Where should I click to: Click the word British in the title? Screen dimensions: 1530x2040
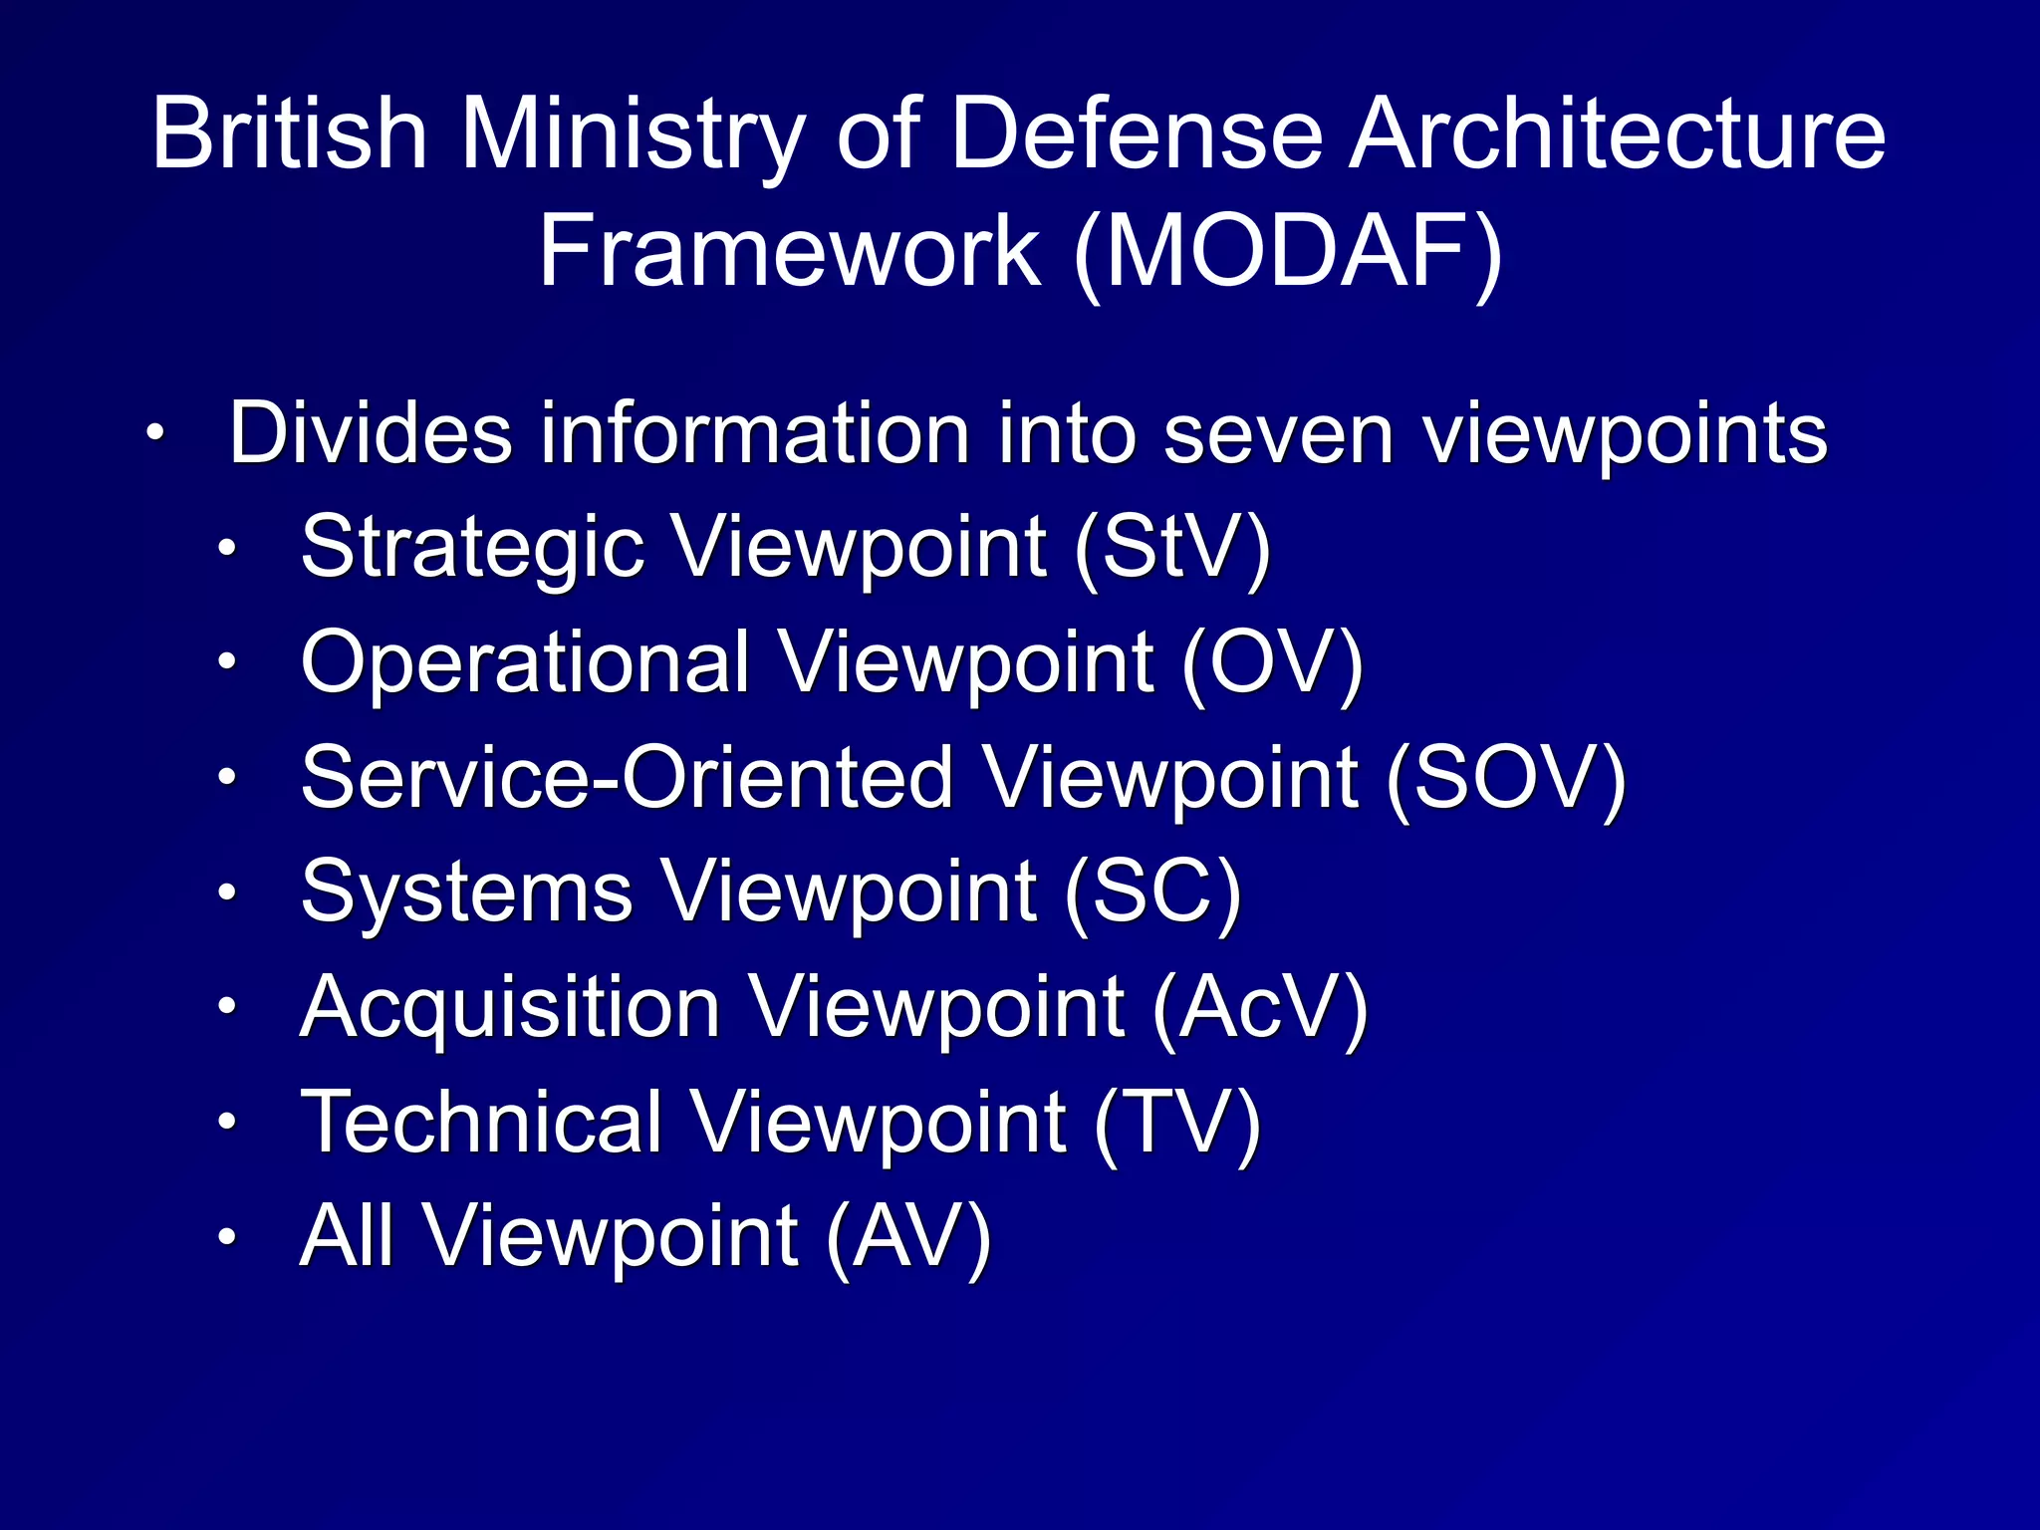[289, 134]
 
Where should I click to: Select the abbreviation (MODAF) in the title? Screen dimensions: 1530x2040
[1289, 251]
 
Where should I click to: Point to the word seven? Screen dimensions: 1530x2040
[1278, 434]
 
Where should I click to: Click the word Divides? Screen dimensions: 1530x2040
[371, 434]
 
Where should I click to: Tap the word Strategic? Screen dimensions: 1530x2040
[472, 550]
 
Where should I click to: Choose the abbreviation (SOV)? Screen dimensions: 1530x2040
[1506, 778]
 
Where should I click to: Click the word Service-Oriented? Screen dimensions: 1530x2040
[627, 778]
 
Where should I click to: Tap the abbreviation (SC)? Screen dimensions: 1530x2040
[1152, 892]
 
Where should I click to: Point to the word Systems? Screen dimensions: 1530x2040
[466, 892]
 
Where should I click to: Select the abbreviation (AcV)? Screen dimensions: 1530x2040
[1260, 1007]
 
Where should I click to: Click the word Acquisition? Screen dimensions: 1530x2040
[510, 1007]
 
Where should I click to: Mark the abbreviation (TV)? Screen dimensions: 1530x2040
[1177, 1123]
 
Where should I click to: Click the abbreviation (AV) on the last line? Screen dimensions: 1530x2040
[908, 1237]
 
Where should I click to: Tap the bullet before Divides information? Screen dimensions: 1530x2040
[154, 434]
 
